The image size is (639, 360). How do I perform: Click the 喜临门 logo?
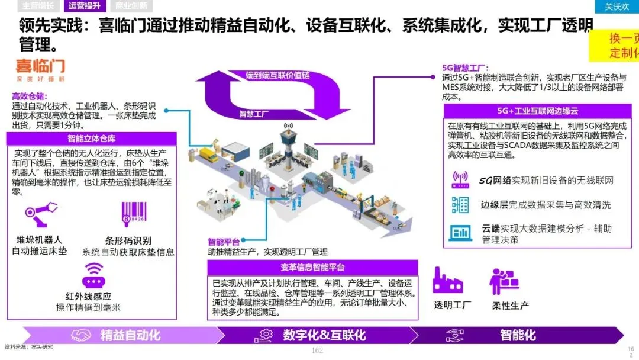[x=40, y=69]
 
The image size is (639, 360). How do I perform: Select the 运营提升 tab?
[x=84, y=7]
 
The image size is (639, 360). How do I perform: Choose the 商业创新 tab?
[x=131, y=7]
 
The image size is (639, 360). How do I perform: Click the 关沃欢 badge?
[x=617, y=7]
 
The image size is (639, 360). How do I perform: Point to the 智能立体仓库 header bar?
[x=92, y=140]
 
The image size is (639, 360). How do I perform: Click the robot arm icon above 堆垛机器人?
[x=41, y=215]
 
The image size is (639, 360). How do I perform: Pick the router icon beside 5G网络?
[x=460, y=179]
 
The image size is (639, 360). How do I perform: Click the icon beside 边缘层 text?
[x=460, y=205]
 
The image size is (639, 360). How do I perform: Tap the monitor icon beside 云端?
[x=460, y=232]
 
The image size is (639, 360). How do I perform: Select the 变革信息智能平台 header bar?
[x=312, y=268]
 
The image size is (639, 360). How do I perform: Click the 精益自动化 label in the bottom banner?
[x=130, y=335]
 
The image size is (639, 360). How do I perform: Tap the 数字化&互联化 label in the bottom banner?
[x=324, y=335]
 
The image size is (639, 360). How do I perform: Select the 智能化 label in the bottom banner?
[x=518, y=335]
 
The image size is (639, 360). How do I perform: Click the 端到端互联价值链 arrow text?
[x=278, y=76]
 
